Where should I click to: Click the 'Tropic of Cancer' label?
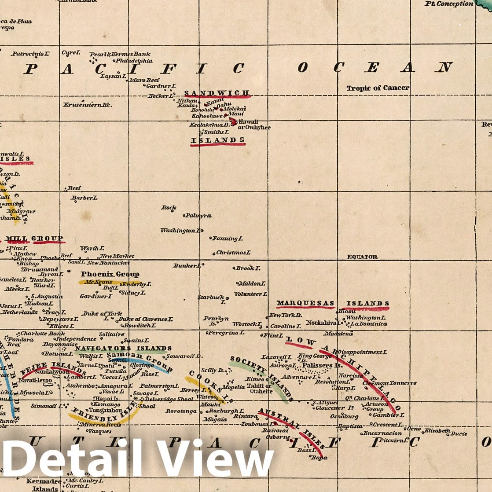[378, 88]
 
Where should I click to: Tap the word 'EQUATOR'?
[362, 257]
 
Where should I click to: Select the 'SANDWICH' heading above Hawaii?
[217, 93]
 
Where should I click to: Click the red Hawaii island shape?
[232, 121]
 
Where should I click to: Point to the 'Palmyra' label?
[198, 216]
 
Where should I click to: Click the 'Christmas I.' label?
[233, 253]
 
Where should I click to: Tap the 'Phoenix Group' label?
[110, 274]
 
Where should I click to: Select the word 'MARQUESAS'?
[305, 303]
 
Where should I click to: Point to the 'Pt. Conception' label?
[449, 4]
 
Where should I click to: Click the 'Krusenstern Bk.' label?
[87, 105]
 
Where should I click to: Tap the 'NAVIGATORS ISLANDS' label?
[123, 348]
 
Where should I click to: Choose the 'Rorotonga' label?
[181, 411]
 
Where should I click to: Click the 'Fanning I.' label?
[227, 239]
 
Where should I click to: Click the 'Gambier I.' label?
[388, 415]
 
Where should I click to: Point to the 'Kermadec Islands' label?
[44, 485]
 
